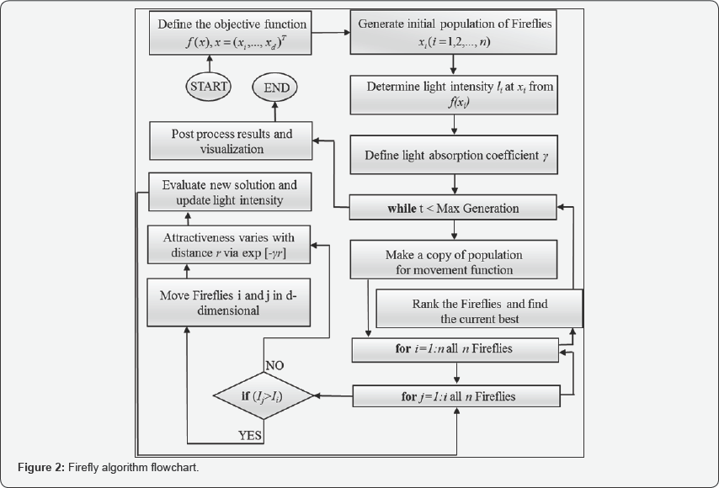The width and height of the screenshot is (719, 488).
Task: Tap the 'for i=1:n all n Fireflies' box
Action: pyautogui.click(x=455, y=347)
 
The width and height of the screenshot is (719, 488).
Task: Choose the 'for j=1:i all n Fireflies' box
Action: pyautogui.click(x=455, y=395)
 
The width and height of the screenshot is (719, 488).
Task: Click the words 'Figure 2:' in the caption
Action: pyautogui.click(x=40, y=467)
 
